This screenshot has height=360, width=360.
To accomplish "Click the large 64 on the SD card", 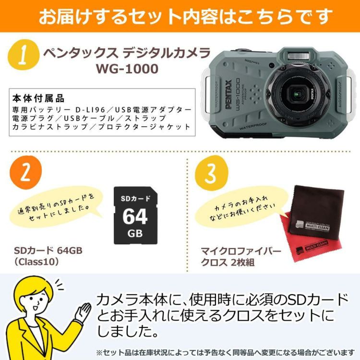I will click(135, 217).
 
